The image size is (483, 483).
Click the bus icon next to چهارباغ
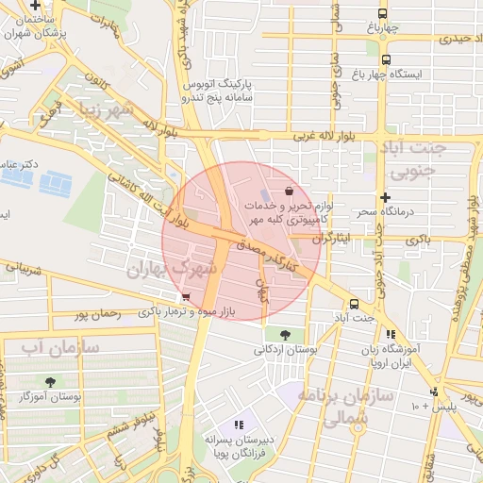point(382,13)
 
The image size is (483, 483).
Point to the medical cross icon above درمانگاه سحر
point(385,197)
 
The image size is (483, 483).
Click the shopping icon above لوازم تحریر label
point(300,191)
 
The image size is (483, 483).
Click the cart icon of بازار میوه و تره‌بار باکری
point(170,297)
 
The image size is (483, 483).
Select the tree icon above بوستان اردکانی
point(285,334)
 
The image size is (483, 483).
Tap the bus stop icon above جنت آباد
point(354,304)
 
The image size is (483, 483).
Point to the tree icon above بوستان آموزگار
point(49,383)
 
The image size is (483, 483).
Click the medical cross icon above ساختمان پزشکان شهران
point(35,6)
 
